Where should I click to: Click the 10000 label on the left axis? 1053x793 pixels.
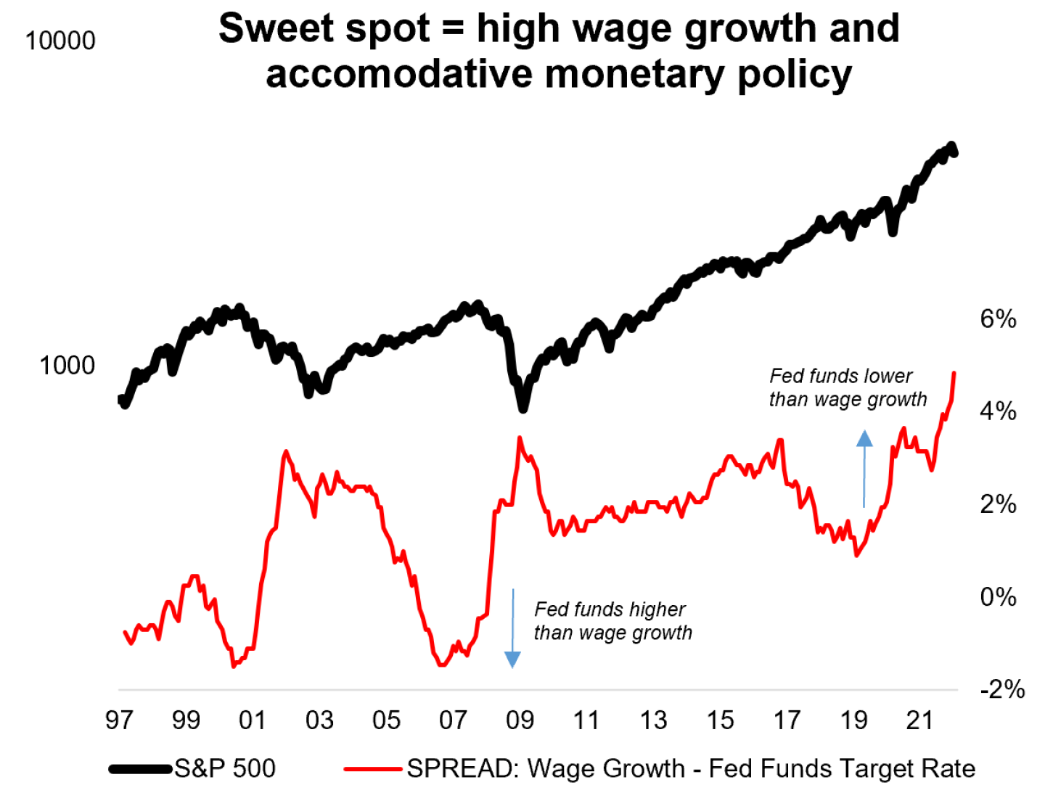tap(60, 41)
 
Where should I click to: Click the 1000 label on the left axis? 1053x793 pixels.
tap(67, 366)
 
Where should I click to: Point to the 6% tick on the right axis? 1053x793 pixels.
tap(998, 319)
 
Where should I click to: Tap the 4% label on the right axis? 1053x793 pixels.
tap(998, 411)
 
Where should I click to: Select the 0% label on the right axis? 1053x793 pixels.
tap(998, 597)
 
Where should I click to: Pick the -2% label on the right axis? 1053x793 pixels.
tap(1002, 689)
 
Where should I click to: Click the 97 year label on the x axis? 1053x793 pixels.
tap(119, 720)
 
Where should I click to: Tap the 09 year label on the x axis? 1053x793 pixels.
tap(520, 720)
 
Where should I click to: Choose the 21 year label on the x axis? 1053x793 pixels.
tap(920, 720)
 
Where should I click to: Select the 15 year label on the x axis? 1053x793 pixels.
tap(720, 720)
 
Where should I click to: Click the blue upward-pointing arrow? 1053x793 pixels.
tap(864, 469)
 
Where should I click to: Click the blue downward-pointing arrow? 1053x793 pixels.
tap(512, 628)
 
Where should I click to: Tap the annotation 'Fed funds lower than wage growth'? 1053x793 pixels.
tap(848, 387)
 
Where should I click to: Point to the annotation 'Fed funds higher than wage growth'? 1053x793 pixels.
tap(612, 621)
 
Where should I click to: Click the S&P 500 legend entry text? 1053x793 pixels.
tap(225, 768)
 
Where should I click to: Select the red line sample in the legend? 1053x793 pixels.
tap(373, 768)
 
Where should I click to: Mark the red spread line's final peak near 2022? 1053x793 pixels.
tap(954, 374)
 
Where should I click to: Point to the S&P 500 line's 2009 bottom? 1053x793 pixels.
tap(523, 408)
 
